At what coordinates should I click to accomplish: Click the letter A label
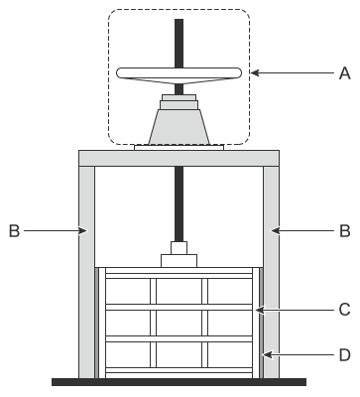tap(344, 73)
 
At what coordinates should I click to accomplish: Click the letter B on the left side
tap(14, 231)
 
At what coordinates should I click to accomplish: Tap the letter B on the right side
tap(345, 231)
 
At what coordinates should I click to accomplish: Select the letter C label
tap(345, 310)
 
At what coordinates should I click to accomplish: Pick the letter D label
tap(345, 355)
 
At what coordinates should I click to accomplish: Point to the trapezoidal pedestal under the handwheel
tap(179, 127)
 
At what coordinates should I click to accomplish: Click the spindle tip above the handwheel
tap(179, 19)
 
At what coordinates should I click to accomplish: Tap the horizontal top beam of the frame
tap(179, 158)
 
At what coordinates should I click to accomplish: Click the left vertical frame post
tap(86, 272)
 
